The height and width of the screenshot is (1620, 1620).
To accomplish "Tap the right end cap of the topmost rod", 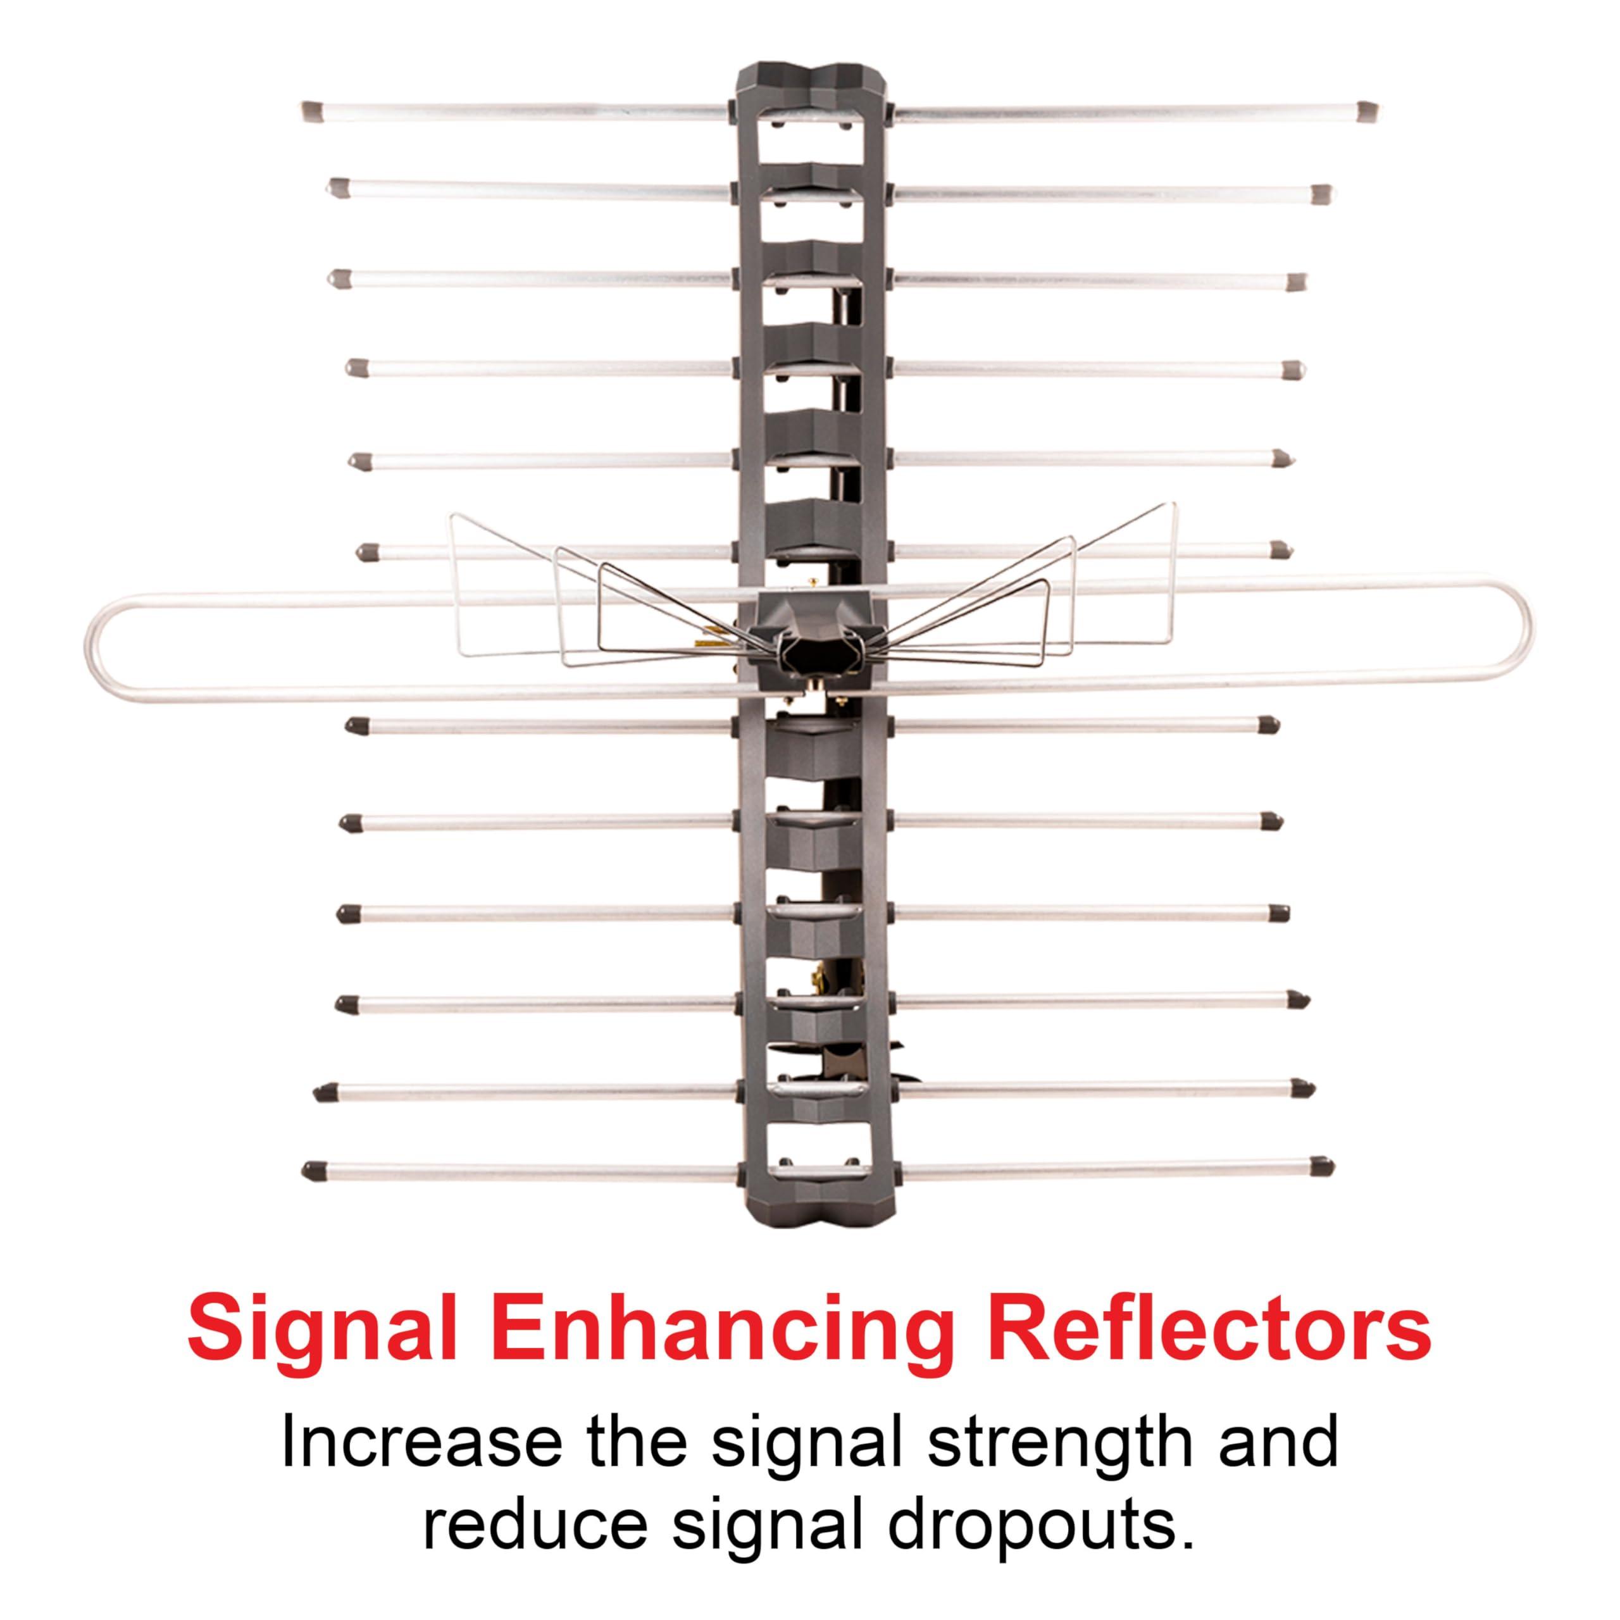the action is click(x=1364, y=110).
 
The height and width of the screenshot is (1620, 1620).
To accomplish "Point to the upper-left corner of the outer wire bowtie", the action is click(x=451, y=513).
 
